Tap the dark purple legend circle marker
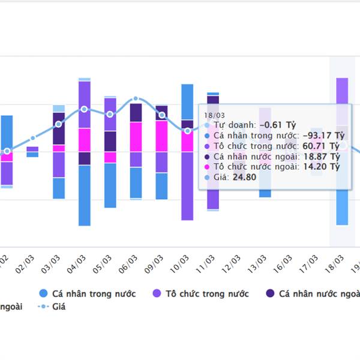click(270, 293)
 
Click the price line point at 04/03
click(84, 109)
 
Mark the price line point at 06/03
click(136, 98)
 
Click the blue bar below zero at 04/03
click(84, 195)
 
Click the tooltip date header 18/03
click(214, 115)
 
